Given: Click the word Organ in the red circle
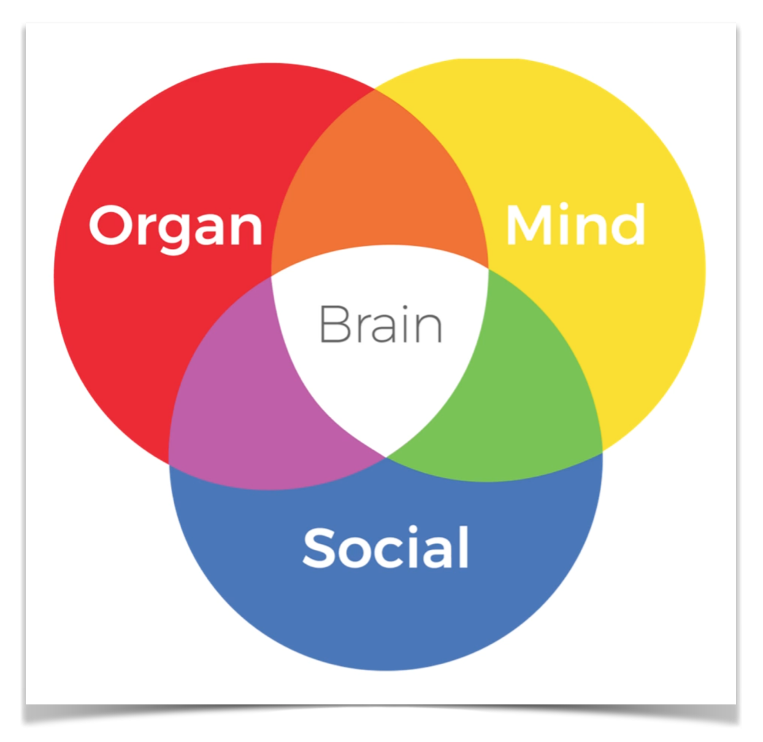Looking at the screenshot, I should click(x=175, y=226).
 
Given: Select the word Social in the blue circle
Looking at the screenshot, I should click(x=386, y=548).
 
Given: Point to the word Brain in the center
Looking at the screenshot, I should click(x=380, y=324).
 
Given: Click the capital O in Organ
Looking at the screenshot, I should click(x=110, y=225).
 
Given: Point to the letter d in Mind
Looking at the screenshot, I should click(x=627, y=224).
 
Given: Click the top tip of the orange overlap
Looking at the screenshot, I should click(x=375, y=90).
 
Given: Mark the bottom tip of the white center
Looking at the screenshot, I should click(x=385, y=456).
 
